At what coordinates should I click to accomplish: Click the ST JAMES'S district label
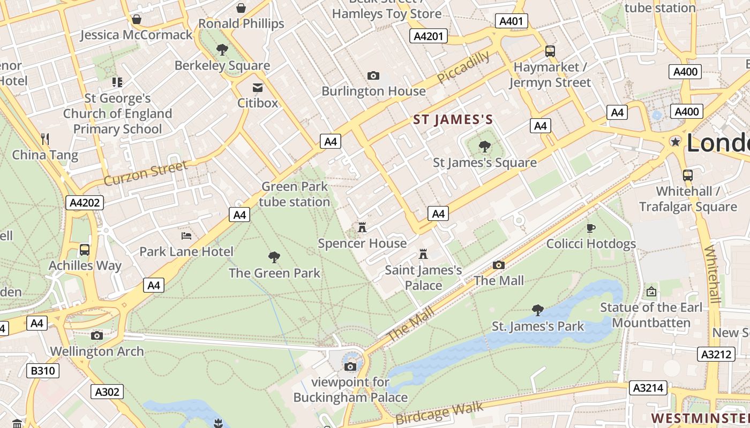453,120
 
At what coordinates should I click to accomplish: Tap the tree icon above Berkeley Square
222,50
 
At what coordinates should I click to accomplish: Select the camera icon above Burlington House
373,76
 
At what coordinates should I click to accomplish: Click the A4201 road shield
429,36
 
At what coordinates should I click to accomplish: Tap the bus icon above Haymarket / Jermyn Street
550,51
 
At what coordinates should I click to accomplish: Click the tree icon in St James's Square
485,146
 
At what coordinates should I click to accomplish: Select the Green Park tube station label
294,194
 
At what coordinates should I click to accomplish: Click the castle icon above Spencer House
362,227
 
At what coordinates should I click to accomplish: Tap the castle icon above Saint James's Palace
423,254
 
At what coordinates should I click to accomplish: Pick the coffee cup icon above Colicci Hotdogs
591,228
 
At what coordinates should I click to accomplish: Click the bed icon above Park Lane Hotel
186,235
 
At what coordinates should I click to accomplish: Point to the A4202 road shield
85,202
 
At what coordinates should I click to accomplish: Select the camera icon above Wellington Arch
97,335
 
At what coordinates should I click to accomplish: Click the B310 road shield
42,371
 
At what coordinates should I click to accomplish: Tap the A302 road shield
107,392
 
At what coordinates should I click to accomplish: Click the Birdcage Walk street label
440,414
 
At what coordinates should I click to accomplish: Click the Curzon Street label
146,173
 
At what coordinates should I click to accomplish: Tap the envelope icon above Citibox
258,87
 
